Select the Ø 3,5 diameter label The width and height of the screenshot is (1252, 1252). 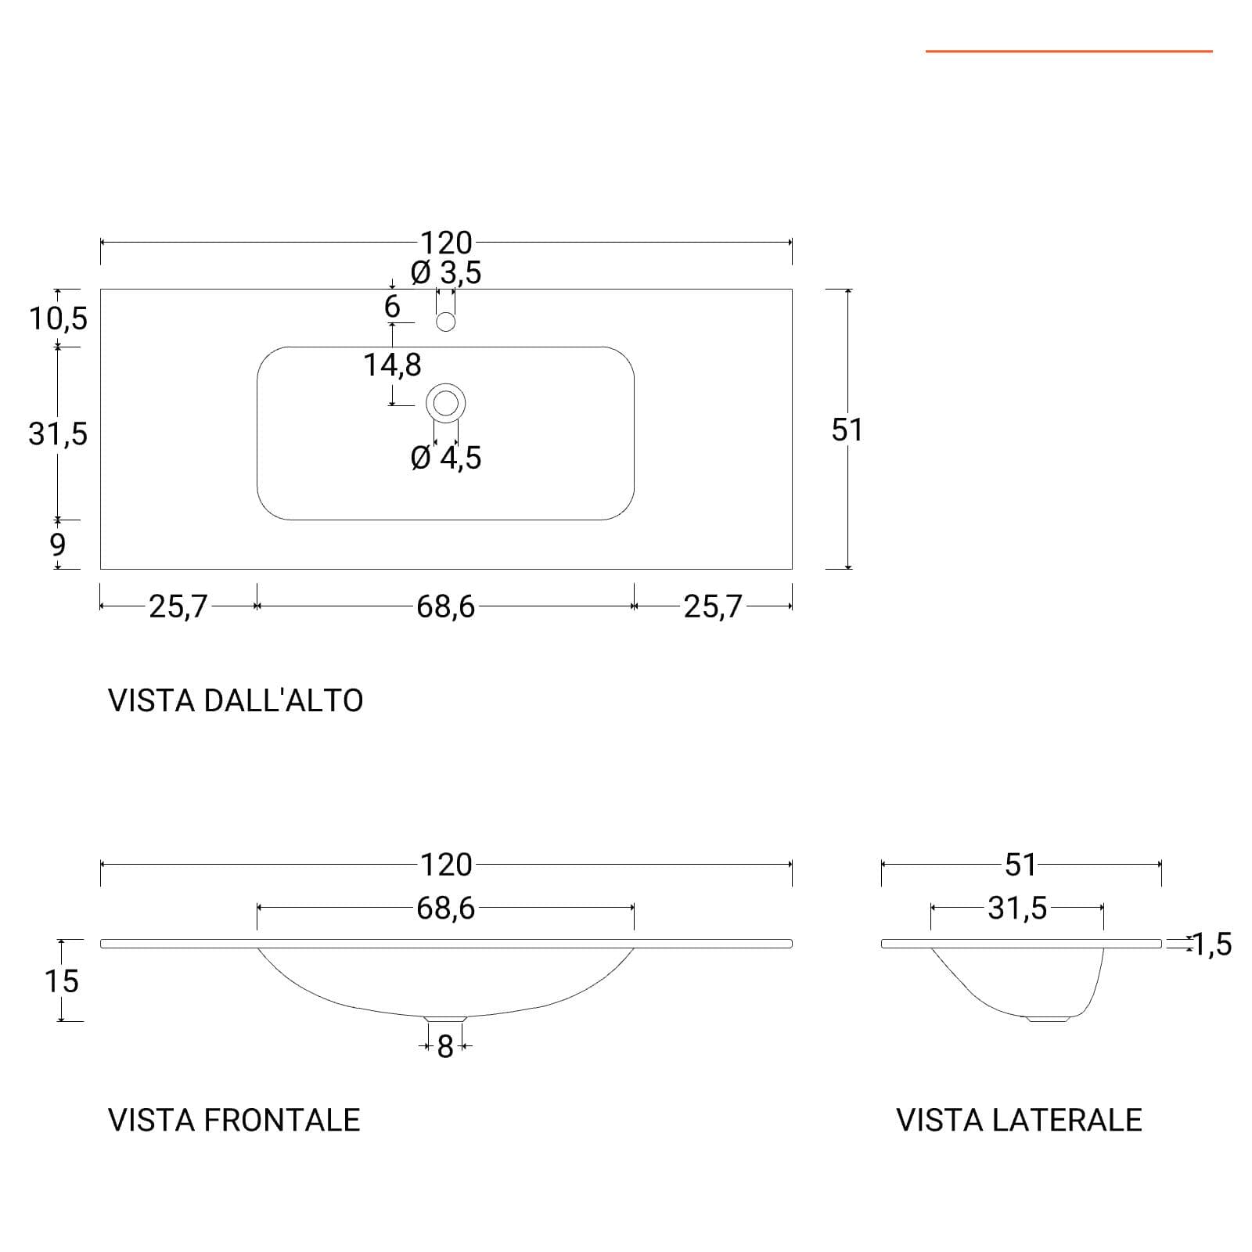point(446,273)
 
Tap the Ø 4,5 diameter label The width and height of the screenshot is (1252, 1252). point(446,458)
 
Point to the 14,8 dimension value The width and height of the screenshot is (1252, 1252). point(392,365)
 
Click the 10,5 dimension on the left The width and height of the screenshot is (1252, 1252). point(59,318)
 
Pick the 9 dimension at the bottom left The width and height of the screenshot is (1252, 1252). point(58,545)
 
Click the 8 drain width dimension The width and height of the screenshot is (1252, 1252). point(445,1046)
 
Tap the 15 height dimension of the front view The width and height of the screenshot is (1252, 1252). point(62,981)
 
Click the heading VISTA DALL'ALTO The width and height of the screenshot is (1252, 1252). point(236,700)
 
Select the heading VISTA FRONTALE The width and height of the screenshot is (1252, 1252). point(234,1121)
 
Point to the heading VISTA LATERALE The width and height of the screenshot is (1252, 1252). point(1019,1121)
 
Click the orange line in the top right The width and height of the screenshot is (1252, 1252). point(1069,52)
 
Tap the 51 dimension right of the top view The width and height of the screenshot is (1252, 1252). point(847,430)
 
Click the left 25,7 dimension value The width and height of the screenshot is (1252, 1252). point(178,606)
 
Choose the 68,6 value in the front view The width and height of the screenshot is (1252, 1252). point(445,908)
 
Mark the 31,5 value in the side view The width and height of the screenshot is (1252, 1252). point(1017,908)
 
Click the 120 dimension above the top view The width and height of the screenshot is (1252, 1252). point(446,243)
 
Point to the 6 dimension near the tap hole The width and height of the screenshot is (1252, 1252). point(392,307)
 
